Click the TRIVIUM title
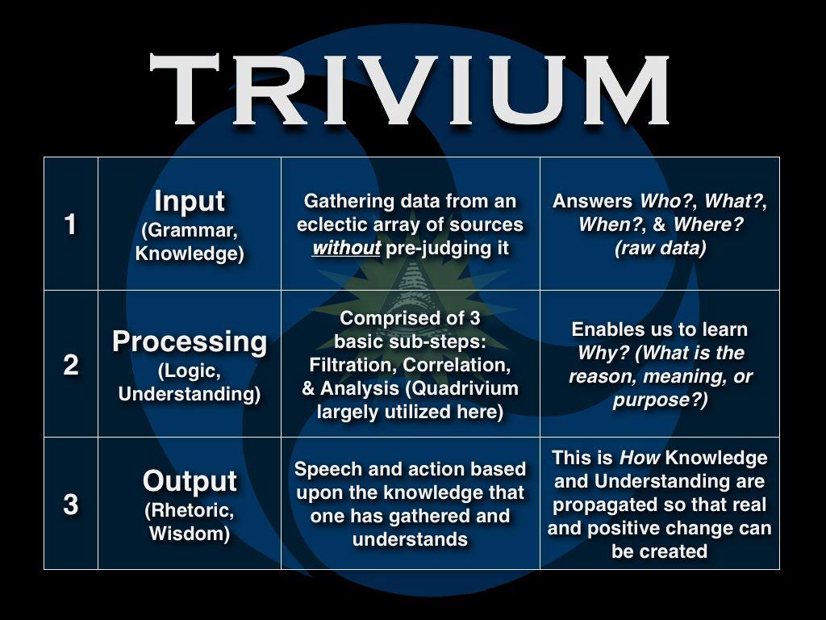(409, 89)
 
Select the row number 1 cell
(71, 224)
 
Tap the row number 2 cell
(71, 364)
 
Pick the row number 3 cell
(71, 504)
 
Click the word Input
(190, 201)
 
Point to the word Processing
(190, 342)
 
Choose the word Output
(190, 482)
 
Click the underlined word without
(346, 248)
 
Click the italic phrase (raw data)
(660, 248)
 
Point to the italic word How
(640, 458)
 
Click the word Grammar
(190, 230)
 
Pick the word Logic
(190, 371)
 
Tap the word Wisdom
(190, 534)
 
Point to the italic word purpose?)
(660, 400)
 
